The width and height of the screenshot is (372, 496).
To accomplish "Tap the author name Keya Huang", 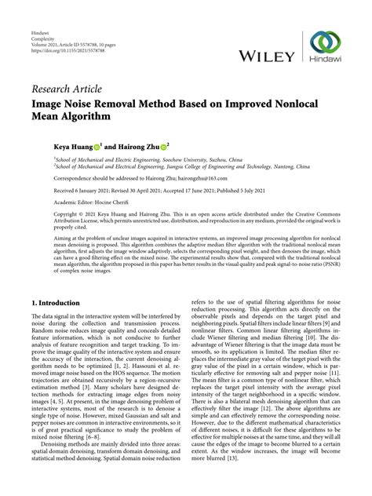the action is click(x=72, y=146).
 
